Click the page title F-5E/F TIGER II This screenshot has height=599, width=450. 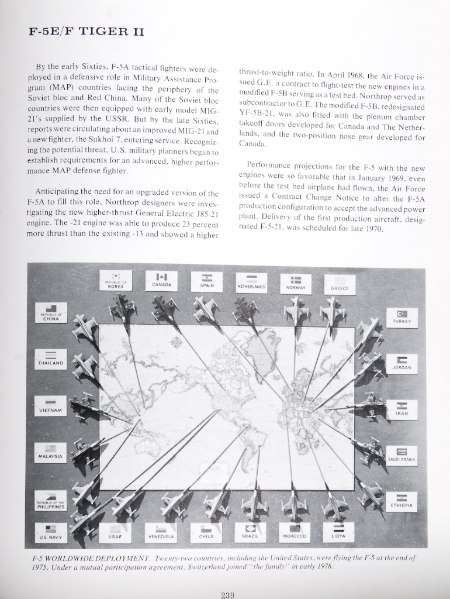(86, 31)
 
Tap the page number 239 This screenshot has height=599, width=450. (227, 595)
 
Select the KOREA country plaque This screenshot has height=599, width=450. (115, 281)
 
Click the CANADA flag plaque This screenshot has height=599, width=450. (161, 280)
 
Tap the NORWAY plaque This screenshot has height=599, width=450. (296, 284)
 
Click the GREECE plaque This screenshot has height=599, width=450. (340, 284)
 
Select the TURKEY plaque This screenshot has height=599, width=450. (402, 317)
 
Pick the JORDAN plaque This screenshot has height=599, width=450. (402, 363)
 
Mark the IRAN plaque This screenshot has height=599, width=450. (402, 409)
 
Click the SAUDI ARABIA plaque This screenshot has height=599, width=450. (401, 455)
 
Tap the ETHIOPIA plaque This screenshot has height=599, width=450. (401, 501)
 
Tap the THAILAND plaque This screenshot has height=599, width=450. (50, 359)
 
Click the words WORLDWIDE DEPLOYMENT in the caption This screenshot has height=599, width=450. (94, 559)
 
